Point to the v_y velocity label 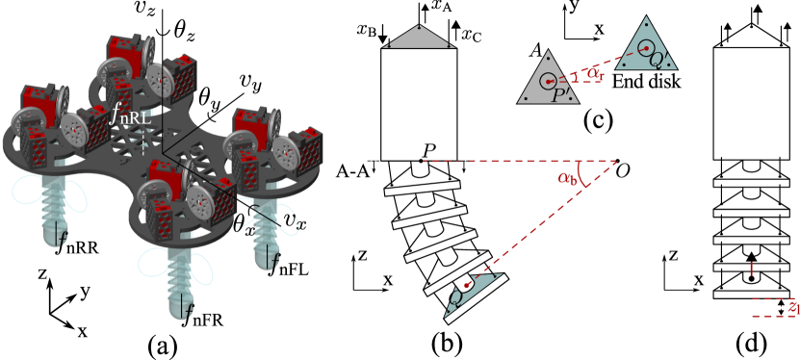tap(252, 85)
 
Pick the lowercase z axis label tap(42, 274)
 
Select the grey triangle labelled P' tap(548, 80)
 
